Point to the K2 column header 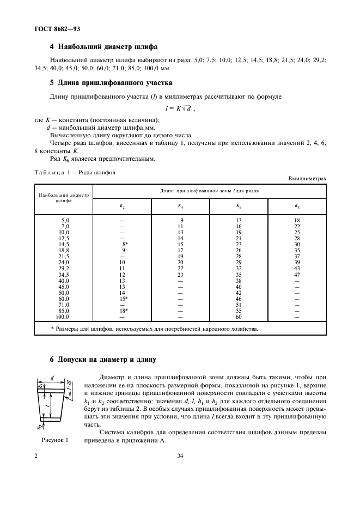122,205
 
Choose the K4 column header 180,205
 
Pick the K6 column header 239,205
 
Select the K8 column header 297,205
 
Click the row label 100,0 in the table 64,317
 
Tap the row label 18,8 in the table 65,250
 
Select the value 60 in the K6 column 239,317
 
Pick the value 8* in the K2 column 125,245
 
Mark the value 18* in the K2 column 124,311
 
